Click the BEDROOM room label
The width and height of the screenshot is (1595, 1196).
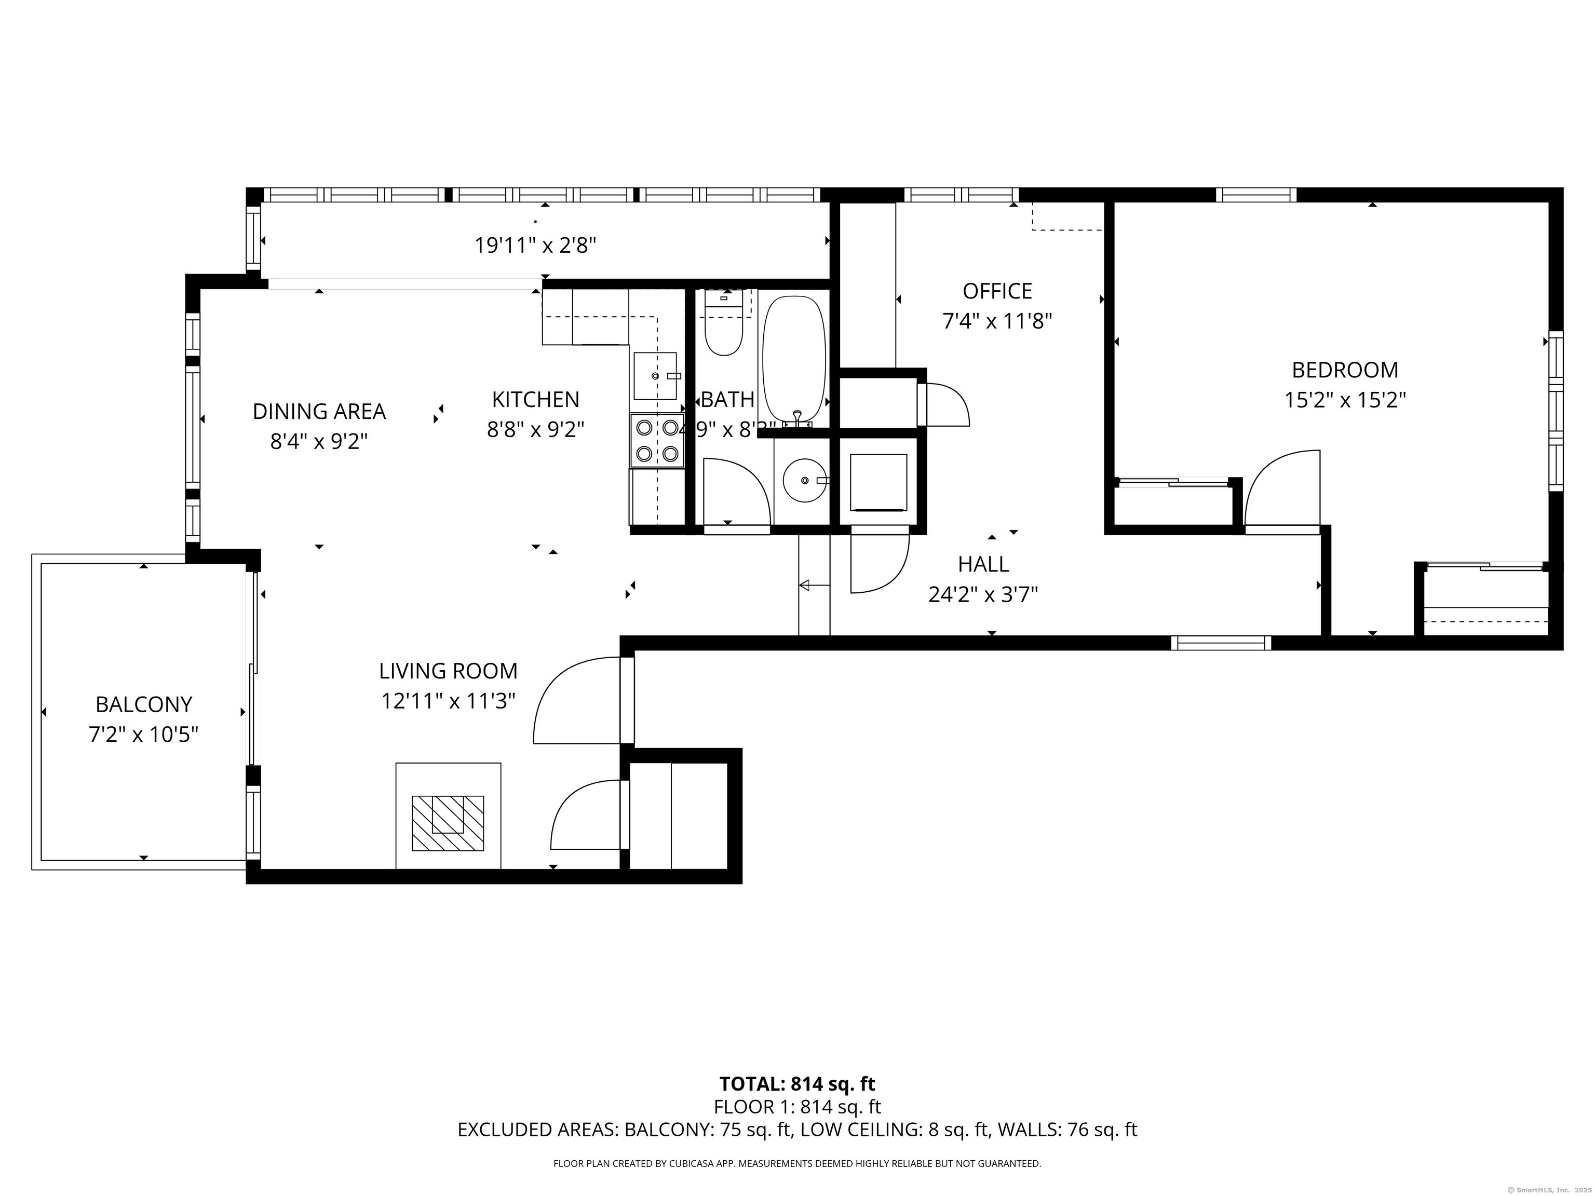[1345, 370]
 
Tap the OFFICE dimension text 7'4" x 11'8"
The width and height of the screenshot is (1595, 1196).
[997, 321]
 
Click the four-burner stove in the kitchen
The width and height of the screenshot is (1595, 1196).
[657, 441]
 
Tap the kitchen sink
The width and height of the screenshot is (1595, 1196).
[655, 376]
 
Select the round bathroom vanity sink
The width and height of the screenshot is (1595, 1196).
[805, 480]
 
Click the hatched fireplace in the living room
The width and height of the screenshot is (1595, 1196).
[447, 823]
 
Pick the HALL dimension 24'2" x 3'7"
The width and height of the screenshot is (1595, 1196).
[983, 595]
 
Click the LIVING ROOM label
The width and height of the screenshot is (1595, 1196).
[448, 671]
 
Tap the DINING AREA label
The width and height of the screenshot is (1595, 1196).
[319, 411]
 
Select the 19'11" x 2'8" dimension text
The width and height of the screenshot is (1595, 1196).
[535, 246]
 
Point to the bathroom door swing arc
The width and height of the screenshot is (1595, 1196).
[736, 490]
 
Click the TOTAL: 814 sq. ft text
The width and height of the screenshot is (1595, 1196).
[797, 1083]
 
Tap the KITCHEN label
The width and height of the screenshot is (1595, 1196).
[535, 399]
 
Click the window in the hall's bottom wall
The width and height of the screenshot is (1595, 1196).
[1221, 643]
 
